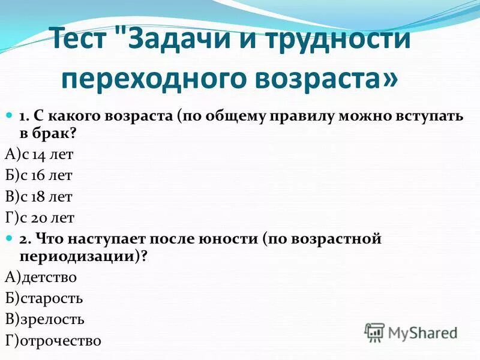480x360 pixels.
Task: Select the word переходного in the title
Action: pyautogui.click(x=154, y=77)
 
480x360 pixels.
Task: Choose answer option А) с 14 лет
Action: pyautogui.click(x=39, y=154)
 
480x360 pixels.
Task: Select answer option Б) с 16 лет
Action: pyautogui.click(x=39, y=175)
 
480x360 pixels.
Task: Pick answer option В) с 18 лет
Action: pyautogui.click(x=39, y=196)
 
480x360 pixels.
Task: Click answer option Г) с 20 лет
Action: pyautogui.click(x=40, y=217)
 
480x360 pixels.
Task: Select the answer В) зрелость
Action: pyautogui.click(x=44, y=319)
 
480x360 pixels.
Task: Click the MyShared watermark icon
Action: pyautogui.click(x=374, y=332)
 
